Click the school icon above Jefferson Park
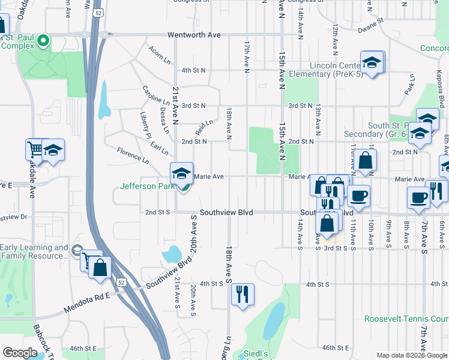coord(182,173)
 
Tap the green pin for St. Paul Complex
coord(43,41)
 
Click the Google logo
coord(20,353)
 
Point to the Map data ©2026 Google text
coord(412,355)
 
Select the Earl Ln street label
coord(159,146)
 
